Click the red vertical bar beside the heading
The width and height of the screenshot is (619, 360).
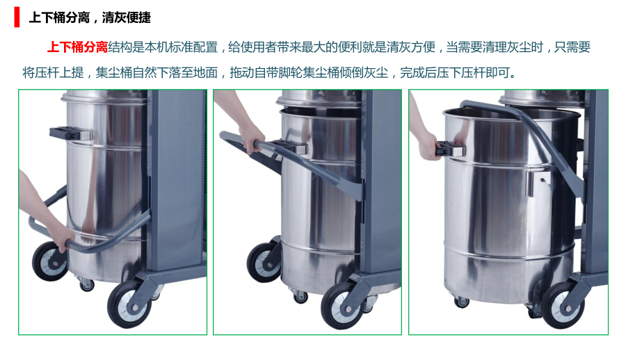pos(17,17)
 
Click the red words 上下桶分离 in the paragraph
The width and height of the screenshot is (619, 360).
pos(77,47)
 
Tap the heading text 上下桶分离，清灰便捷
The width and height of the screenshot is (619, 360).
pos(90,17)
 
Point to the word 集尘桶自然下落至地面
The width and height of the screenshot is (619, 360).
pos(156,72)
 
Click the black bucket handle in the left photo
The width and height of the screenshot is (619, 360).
pos(65,133)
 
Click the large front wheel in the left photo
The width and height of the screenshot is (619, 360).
pos(129,304)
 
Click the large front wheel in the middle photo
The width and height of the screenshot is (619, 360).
pos(343,306)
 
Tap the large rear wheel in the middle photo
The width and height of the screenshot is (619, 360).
pos(264,263)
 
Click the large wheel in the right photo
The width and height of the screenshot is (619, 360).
pos(563,305)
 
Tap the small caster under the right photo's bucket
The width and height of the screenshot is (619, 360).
pos(461,302)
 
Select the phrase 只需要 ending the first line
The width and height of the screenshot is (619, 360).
pos(572,47)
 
